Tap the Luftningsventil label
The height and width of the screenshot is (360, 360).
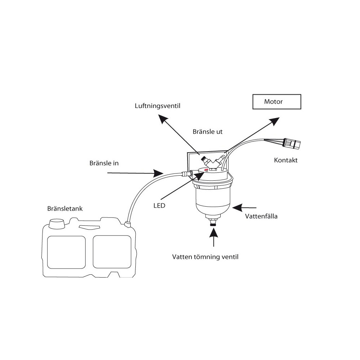point(158,106)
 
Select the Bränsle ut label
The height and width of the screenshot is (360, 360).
point(208,131)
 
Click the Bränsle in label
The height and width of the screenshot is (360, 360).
point(104,163)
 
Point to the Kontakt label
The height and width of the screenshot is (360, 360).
point(285,160)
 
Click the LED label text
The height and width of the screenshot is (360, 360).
point(159,206)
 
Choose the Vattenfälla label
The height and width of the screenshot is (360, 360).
point(261,216)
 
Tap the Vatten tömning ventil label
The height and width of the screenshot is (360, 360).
point(205,257)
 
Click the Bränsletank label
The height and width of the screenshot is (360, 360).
point(65,208)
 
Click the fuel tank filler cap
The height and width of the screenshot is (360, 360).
point(57,224)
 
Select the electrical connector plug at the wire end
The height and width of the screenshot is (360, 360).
point(292,144)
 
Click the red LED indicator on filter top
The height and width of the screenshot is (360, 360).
point(206,170)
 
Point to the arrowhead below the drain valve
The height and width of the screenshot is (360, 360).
point(214,233)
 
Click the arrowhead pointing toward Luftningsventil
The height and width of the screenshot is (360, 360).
point(163,119)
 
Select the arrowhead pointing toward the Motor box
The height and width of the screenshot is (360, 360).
point(275,121)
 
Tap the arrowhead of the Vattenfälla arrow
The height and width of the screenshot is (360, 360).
point(237,208)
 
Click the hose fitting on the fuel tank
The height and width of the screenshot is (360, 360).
point(127,224)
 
